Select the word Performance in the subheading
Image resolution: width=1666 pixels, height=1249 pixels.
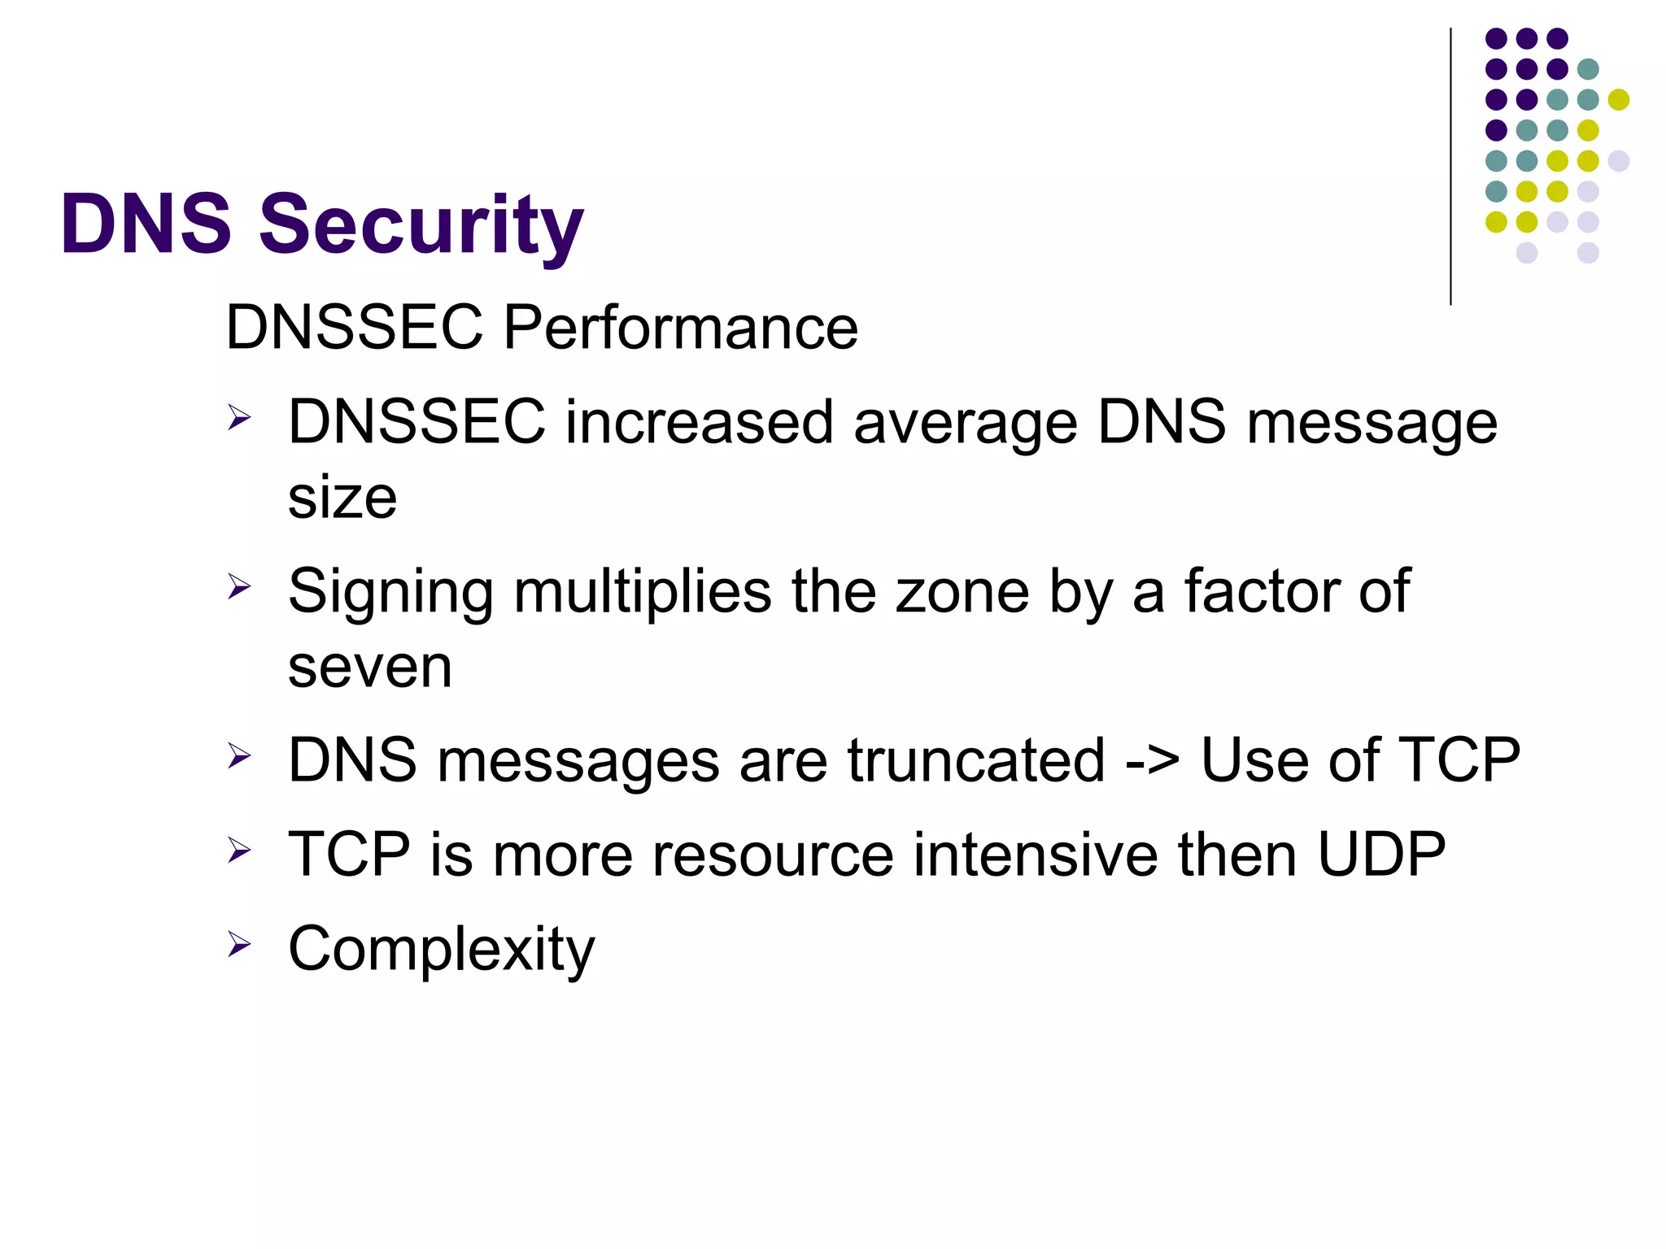pyautogui.click(x=681, y=328)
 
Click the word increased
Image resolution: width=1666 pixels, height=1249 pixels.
pyautogui.click(x=700, y=422)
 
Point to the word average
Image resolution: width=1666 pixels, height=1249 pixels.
pyautogui.click(x=966, y=424)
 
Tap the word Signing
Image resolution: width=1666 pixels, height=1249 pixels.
pyautogui.click(x=390, y=592)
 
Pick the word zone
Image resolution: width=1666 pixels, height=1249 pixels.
pyautogui.click(x=962, y=592)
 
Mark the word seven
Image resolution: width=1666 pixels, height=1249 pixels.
pyautogui.click(x=370, y=668)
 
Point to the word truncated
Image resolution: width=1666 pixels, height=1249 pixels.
pyautogui.click(x=976, y=760)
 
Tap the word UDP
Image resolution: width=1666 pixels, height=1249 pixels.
pyautogui.click(x=1381, y=855)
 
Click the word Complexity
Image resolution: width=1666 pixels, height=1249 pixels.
pyautogui.click(x=442, y=950)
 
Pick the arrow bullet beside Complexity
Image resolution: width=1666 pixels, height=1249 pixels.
pyautogui.click(x=239, y=944)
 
